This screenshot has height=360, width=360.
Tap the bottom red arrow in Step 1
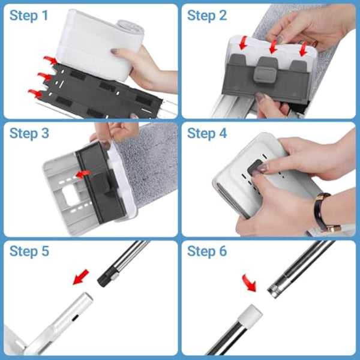(x=35, y=93)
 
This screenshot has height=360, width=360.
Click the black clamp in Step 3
(x=99, y=180)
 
